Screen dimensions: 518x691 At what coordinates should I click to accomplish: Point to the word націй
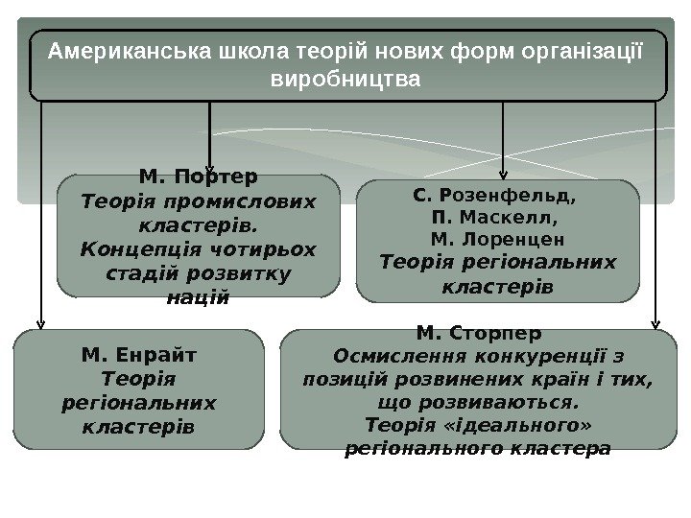[199, 297]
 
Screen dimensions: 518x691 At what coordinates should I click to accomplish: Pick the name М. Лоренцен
[497, 239]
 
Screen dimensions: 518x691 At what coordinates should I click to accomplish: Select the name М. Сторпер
[479, 333]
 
